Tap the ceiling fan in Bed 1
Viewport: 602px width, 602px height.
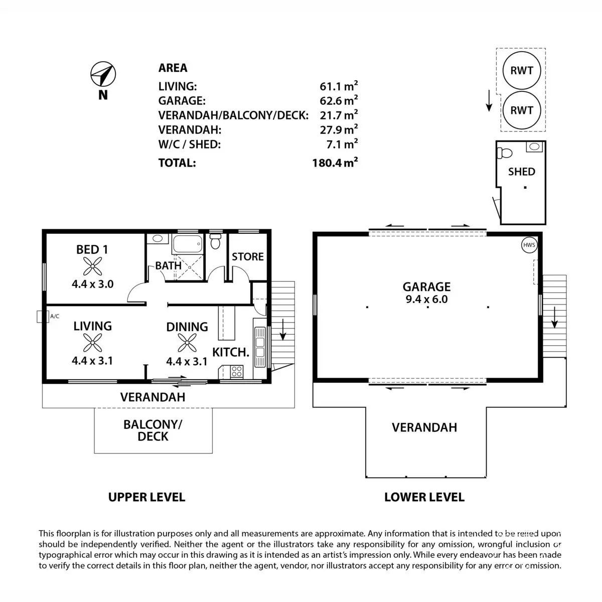tap(92, 266)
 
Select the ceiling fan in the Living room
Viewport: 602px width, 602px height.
tap(92, 344)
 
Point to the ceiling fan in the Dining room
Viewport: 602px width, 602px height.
tap(187, 344)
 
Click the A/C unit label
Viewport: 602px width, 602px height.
tap(55, 316)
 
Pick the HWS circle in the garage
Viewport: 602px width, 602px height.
tap(529, 245)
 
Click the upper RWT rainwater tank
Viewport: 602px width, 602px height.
tap(521, 70)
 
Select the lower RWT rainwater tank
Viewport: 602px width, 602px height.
tap(521, 110)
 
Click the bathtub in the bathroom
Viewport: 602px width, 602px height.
tap(187, 245)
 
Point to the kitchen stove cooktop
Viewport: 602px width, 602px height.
tap(236, 372)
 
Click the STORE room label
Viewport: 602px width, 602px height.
tap(247, 256)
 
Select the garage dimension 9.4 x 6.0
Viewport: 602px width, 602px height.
tap(426, 299)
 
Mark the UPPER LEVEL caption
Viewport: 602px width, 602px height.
tap(146, 497)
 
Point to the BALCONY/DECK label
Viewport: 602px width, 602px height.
tap(153, 430)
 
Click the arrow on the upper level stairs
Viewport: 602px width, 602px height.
tap(282, 329)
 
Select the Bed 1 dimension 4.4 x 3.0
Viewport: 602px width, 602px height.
tap(92, 284)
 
